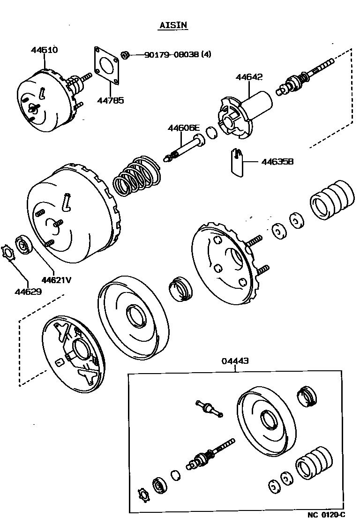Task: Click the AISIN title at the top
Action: [x=172, y=25]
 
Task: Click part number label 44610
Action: [x=45, y=50]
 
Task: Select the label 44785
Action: [x=111, y=100]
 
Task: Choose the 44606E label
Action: [x=184, y=127]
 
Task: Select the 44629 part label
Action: [x=28, y=292]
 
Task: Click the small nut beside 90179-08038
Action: [x=125, y=55]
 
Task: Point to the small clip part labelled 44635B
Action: [x=238, y=162]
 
